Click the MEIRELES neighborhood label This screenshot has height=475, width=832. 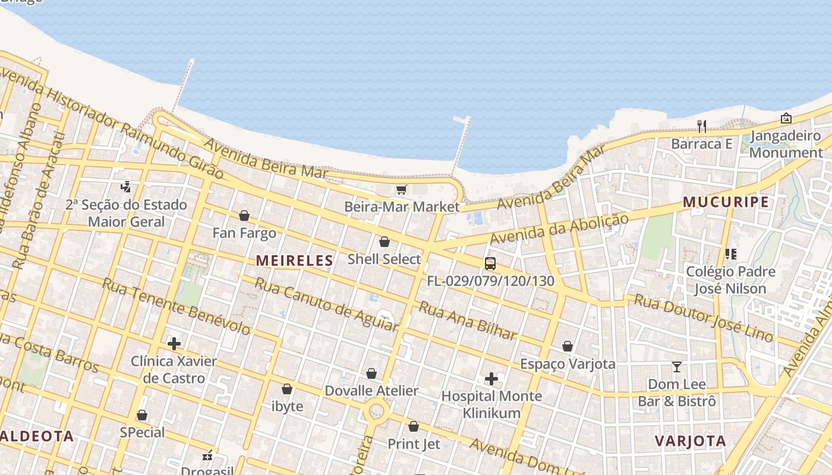pos(294,260)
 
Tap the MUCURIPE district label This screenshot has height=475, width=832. pos(726,202)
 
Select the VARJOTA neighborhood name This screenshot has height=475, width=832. pos(691,441)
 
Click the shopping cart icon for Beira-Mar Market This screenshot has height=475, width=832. pos(402,190)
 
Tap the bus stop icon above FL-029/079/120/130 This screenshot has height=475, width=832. pos(490,264)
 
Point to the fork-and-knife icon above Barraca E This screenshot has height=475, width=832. pos(702,126)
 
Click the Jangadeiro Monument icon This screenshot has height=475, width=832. pos(786,118)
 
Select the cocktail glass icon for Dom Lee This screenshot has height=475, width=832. pos(676,367)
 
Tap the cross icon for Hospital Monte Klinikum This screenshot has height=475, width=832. pos(491,379)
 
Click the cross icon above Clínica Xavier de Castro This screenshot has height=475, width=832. pos(174,344)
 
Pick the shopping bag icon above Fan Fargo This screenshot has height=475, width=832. pos(244,216)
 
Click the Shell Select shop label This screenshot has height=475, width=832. pos(384,259)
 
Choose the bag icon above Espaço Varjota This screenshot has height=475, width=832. pos(568,346)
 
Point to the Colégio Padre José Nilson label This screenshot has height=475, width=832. pos(730,280)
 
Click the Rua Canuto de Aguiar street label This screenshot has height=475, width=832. pos(326,303)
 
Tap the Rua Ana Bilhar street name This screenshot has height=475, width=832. pos(468,321)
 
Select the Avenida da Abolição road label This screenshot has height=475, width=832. pos(559,229)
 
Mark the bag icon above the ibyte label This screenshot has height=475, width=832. pos(287,389)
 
